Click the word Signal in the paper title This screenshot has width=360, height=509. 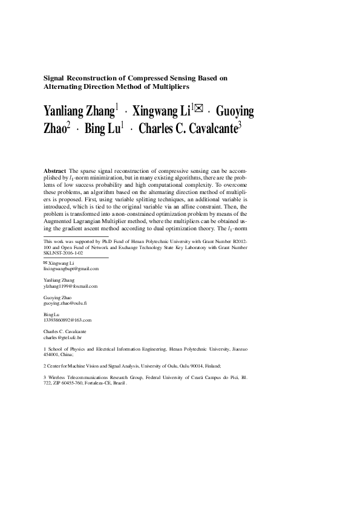(x=56, y=78)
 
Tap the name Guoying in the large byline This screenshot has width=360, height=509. (x=235, y=112)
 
